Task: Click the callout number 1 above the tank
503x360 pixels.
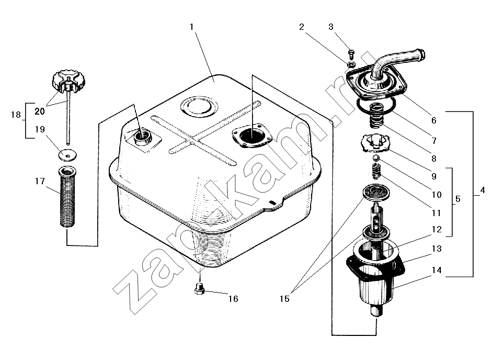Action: (191, 27)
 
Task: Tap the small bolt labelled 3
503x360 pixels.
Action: (351, 54)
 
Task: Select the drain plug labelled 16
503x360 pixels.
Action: (199, 288)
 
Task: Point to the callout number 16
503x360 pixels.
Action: (233, 299)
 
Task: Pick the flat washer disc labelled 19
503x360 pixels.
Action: (67, 155)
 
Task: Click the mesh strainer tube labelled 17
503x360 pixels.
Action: (67, 197)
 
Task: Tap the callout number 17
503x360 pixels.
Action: (40, 182)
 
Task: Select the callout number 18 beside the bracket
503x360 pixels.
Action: (16, 115)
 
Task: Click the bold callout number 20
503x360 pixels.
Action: (39, 111)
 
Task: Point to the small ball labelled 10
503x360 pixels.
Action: (375, 158)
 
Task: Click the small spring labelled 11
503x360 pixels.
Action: (375, 171)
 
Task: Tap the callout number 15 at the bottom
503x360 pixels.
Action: (284, 299)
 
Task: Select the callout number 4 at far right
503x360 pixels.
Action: (483, 190)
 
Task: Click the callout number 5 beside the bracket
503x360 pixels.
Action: (458, 199)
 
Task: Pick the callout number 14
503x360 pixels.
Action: (437, 271)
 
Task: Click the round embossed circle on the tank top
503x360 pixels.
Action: (199, 106)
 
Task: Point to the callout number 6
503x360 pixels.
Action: (433, 120)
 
